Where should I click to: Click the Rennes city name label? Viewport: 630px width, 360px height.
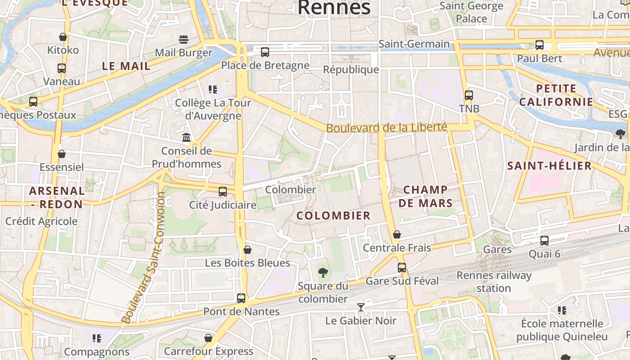(334, 7)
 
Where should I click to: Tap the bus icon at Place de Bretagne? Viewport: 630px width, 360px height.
(265, 52)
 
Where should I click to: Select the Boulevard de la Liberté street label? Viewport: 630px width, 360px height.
(387, 128)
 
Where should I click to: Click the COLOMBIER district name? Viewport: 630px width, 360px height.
(333, 216)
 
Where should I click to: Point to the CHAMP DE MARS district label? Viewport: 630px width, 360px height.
(425, 196)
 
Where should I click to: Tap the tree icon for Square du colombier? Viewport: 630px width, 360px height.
(323, 272)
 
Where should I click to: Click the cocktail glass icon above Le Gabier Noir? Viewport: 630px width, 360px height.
(360, 307)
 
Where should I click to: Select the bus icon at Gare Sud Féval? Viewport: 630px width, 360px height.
(402, 267)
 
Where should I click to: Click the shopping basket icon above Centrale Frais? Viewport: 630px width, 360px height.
(396, 234)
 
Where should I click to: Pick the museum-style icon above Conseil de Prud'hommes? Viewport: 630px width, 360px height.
(186, 137)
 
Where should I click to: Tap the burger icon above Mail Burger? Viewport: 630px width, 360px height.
(183, 39)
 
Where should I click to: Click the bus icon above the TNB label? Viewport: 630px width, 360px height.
(469, 95)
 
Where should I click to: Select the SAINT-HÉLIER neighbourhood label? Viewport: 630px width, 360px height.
(549, 166)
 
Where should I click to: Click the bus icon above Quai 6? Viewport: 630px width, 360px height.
(544, 240)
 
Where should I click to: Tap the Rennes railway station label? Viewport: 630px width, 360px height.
(494, 282)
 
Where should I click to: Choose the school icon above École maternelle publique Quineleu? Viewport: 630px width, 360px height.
(562, 310)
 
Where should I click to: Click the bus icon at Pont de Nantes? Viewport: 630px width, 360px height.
(241, 298)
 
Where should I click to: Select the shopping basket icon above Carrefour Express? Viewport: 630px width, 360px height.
(208, 337)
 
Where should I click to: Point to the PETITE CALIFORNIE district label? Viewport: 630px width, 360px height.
(556, 95)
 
